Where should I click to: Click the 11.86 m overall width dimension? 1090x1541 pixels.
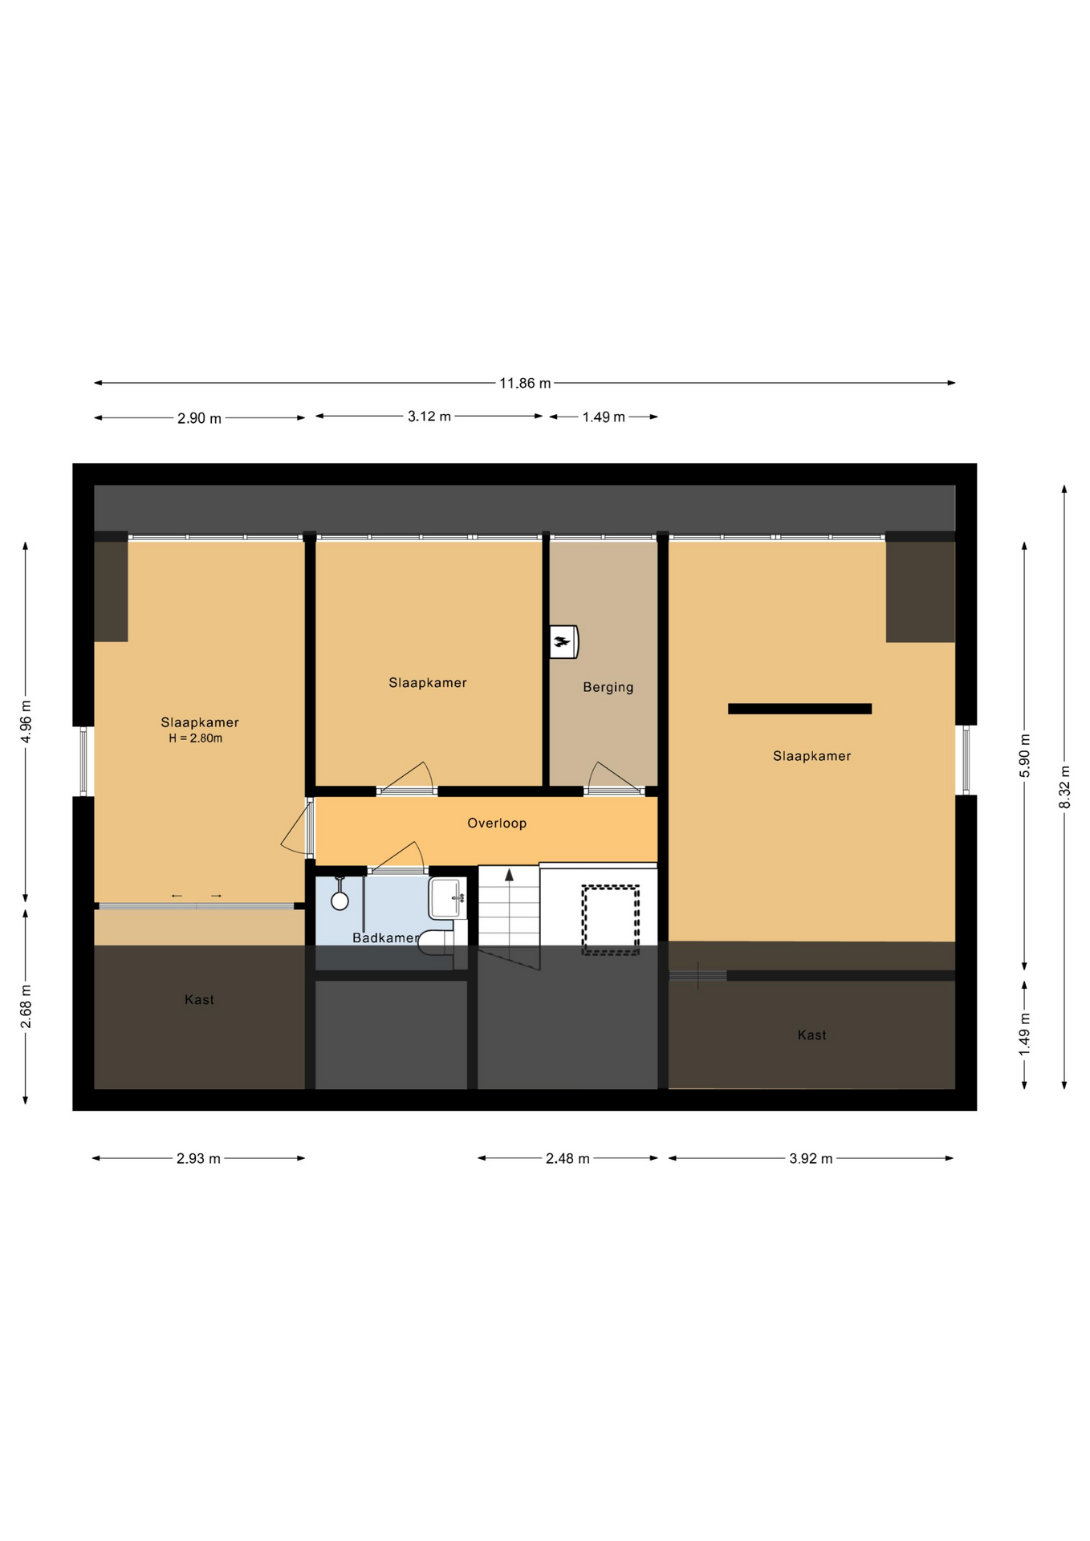525,383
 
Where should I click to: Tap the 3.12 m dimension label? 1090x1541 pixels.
429,417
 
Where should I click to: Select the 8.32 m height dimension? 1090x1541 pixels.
1064,787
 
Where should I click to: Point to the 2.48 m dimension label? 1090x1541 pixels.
567,1158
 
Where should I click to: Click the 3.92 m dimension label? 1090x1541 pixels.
811,1158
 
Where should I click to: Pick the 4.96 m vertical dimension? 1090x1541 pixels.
26,722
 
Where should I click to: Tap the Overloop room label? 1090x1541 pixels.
497,823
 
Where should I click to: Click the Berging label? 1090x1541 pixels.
608,687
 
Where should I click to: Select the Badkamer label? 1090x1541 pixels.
385,937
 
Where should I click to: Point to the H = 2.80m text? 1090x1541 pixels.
195,738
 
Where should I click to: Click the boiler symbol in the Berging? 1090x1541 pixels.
563,641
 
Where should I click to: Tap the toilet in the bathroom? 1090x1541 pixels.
437,943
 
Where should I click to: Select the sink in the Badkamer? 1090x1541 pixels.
448,898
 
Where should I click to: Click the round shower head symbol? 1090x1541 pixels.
340,901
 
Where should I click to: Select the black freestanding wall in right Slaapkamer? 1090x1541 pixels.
799,709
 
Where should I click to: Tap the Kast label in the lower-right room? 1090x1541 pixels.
811,1035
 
